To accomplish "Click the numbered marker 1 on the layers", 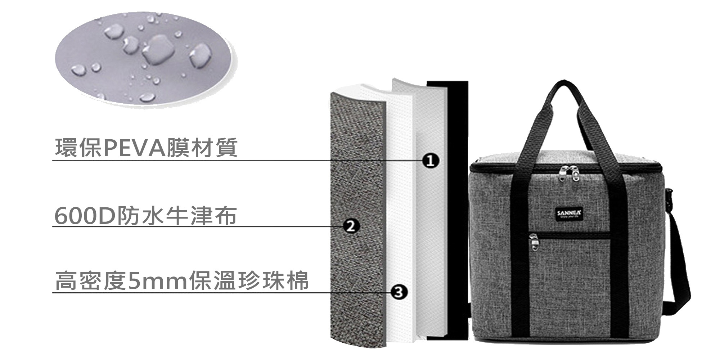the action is pos(430,161).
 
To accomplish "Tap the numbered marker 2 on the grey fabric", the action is pos(350,226).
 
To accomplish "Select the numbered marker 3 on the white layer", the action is pos(399,292).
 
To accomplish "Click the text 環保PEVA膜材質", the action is pos(146,148).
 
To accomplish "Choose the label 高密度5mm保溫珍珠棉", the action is pos(182,281).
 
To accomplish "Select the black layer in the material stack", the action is pos(457,216).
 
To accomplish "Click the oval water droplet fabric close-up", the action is pos(144,58).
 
